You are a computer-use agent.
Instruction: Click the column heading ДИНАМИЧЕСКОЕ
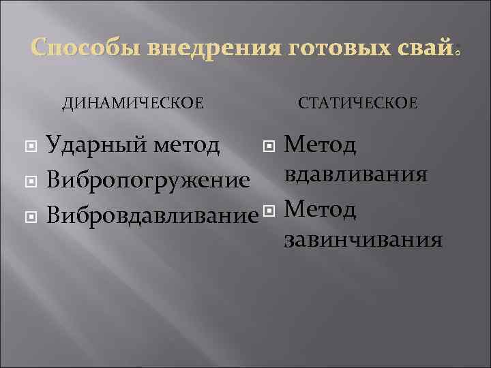click(133, 103)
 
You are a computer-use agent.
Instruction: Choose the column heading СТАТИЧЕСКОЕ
click(358, 103)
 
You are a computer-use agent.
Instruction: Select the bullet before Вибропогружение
click(30, 182)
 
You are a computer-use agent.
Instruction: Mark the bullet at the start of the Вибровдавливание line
click(30, 217)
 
